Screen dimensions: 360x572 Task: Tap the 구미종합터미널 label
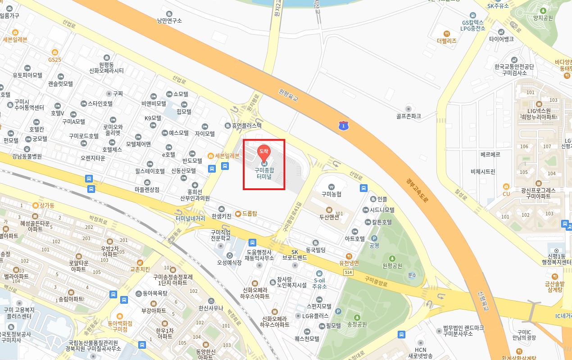[x=264, y=173]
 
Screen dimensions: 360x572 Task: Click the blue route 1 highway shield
[x=344, y=126]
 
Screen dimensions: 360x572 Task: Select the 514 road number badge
[x=347, y=273]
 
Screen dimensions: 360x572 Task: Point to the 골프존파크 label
[x=409, y=116]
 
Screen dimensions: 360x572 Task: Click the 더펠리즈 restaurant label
[x=446, y=41]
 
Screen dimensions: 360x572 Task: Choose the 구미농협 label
[x=331, y=194]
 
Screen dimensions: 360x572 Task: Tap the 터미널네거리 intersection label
[x=191, y=218]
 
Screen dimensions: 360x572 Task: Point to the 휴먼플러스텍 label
[x=246, y=126]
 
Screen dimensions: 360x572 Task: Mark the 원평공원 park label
[x=392, y=265]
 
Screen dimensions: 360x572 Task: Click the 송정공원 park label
[x=357, y=324]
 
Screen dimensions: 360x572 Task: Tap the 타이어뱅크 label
[x=501, y=39]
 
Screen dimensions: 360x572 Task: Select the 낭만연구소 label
[x=169, y=20]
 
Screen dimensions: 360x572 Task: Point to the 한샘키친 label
[x=221, y=216]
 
